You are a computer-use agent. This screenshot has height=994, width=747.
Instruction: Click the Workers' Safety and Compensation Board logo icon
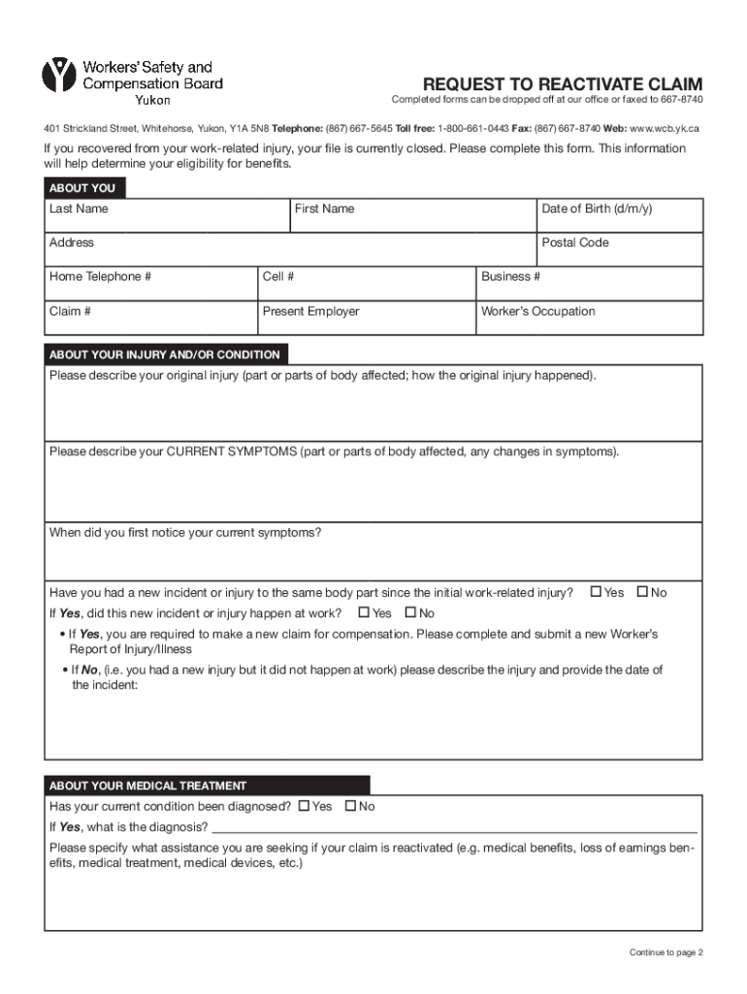pos(58,76)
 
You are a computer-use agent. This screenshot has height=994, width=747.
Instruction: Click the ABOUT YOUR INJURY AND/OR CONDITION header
pos(165,355)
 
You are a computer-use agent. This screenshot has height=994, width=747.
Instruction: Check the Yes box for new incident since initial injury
pos(596,592)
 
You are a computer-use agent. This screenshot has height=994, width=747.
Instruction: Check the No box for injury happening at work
pos(410,613)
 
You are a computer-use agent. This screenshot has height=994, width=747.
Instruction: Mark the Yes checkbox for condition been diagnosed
pos(305,806)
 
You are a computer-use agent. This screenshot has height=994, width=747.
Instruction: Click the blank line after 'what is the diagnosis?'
pos(454,827)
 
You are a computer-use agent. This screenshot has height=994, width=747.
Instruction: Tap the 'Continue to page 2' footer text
pos(666,952)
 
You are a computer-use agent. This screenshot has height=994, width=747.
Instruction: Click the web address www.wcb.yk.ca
pos(665,128)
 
